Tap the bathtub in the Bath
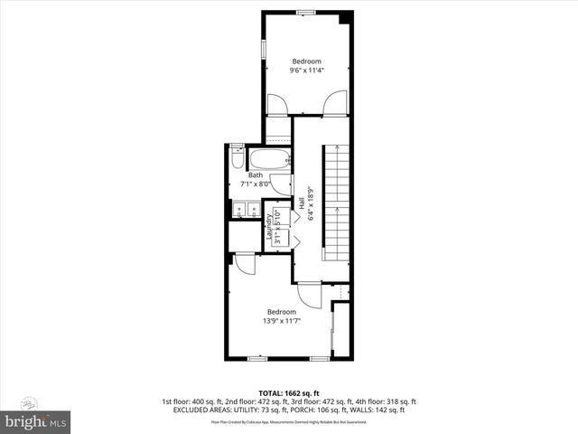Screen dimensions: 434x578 [269, 160]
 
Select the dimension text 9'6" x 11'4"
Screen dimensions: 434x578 [307, 70]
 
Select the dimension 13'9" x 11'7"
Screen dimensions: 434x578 [281, 320]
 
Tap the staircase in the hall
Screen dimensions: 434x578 [336, 204]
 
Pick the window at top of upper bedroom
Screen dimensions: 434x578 [305, 12]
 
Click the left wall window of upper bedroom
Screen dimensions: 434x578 [263, 47]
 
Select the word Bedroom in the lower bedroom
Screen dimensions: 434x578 [281, 312]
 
